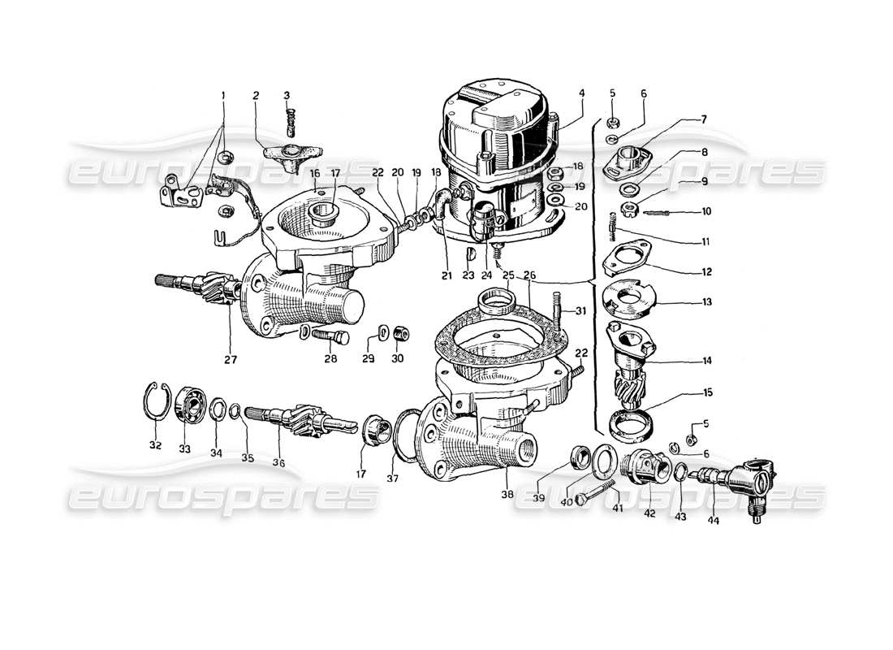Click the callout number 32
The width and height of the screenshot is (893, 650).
155,445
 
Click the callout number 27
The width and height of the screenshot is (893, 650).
231,357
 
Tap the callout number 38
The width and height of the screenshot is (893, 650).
507,494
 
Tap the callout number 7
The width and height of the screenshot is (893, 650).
704,119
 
